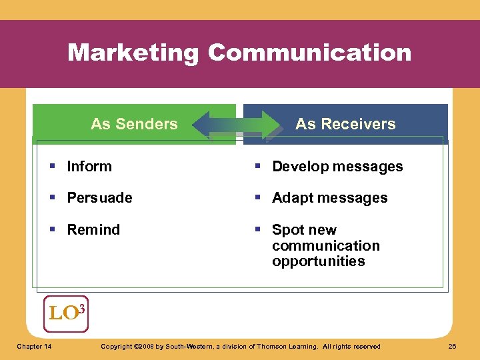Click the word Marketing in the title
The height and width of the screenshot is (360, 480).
(133, 53)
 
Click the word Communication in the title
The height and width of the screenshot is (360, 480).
(309, 53)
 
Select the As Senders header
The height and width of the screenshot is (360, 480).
(134, 124)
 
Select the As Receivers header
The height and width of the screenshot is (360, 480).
(345, 124)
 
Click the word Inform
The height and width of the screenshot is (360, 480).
(89, 167)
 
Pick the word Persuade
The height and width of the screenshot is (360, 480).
(99, 198)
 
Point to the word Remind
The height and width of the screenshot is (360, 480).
(93, 230)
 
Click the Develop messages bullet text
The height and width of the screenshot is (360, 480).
(337, 167)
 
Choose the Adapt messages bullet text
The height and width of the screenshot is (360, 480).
(329, 198)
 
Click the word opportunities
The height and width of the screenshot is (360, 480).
(318, 261)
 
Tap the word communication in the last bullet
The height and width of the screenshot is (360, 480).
(325, 246)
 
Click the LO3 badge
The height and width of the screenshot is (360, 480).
(65, 313)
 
